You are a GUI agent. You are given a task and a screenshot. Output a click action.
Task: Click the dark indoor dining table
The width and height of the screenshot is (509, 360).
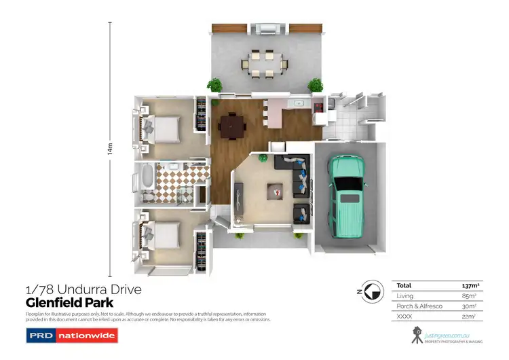[x=232, y=124]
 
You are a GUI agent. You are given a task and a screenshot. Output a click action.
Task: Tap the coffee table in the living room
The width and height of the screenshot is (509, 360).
[x=276, y=192]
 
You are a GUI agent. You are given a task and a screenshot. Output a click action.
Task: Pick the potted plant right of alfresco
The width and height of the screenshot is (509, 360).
[x=316, y=86]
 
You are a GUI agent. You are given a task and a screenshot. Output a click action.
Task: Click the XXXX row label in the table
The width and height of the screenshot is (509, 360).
[x=404, y=316]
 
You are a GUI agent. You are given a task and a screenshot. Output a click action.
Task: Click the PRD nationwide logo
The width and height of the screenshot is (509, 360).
[x=72, y=335]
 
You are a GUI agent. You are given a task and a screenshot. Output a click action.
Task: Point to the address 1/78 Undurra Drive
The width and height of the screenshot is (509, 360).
[x=83, y=290]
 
